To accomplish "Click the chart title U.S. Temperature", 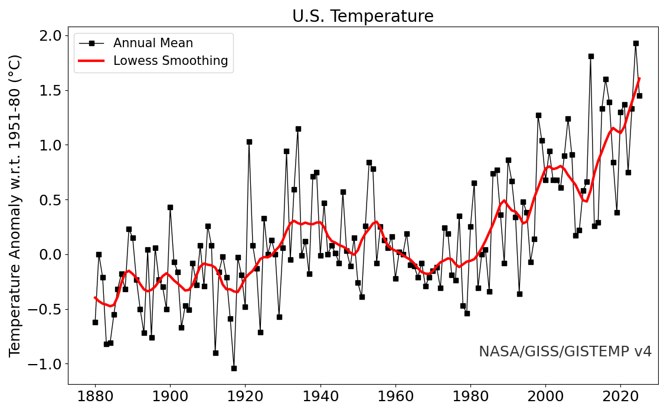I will point(362,17).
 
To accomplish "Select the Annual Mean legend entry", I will point(153,43).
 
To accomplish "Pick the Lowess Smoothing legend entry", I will point(171,61).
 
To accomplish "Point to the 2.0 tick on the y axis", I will point(50,36).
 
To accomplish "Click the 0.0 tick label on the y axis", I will point(50,255).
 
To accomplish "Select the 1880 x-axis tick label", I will point(95,395).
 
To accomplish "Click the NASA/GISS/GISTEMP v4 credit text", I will point(565,352).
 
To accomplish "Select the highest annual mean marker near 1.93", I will point(636,43).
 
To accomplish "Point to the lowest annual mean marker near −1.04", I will point(234,368).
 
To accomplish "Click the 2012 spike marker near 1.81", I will point(591,56).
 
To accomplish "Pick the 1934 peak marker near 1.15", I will point(298,129).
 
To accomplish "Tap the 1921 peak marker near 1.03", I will point(249,142).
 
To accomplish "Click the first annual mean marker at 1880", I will point(95,322).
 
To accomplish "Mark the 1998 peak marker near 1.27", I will point(538,115).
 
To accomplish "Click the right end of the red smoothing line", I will point(639,78).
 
